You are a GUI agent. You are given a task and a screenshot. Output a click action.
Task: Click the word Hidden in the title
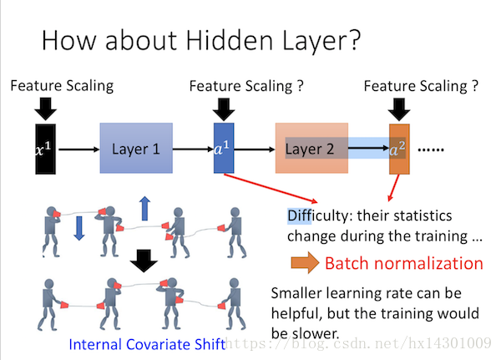(x=229, y=40)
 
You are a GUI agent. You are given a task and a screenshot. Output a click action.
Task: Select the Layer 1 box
(x=136, y=149)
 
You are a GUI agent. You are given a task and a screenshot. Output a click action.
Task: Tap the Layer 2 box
(x=311, y=149)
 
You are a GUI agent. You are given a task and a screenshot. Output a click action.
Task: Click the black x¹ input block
(x=45, y=149)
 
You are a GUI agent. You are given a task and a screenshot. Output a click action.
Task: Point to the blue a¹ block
(x=224, y=149)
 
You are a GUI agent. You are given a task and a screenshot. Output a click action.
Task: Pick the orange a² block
(x=399, y=150)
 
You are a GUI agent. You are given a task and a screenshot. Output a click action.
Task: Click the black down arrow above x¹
(x=46, y=109)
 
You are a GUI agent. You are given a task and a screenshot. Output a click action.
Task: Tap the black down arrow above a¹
(x=224, y=109)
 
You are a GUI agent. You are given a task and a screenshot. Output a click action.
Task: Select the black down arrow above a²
(x=399, y=109)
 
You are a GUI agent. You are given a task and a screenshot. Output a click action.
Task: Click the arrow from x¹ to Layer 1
(x=79, y=150)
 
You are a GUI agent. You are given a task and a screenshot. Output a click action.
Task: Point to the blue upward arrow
(x=144, y=209)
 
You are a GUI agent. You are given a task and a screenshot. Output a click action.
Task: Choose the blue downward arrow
(x=79, y=228)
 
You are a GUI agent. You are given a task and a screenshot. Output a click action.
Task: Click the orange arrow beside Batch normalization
(x=305, y=262)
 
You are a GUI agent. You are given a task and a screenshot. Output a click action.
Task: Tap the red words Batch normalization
(x=404, y=264)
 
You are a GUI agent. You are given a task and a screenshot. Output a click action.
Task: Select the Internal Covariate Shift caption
(x=147, y=345)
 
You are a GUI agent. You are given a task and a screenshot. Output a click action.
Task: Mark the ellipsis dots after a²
(x=431, y=150)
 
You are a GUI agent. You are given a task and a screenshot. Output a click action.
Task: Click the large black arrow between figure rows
(x=144, y=261)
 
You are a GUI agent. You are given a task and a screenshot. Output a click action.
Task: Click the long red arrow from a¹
(x=271, y=188)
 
